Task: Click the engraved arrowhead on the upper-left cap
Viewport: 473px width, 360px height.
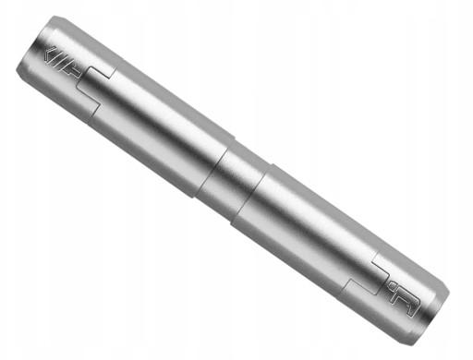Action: point(50,52)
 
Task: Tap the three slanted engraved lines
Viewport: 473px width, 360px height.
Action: point(62,59)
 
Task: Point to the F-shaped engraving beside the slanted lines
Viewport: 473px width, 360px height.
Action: point(73,66)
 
